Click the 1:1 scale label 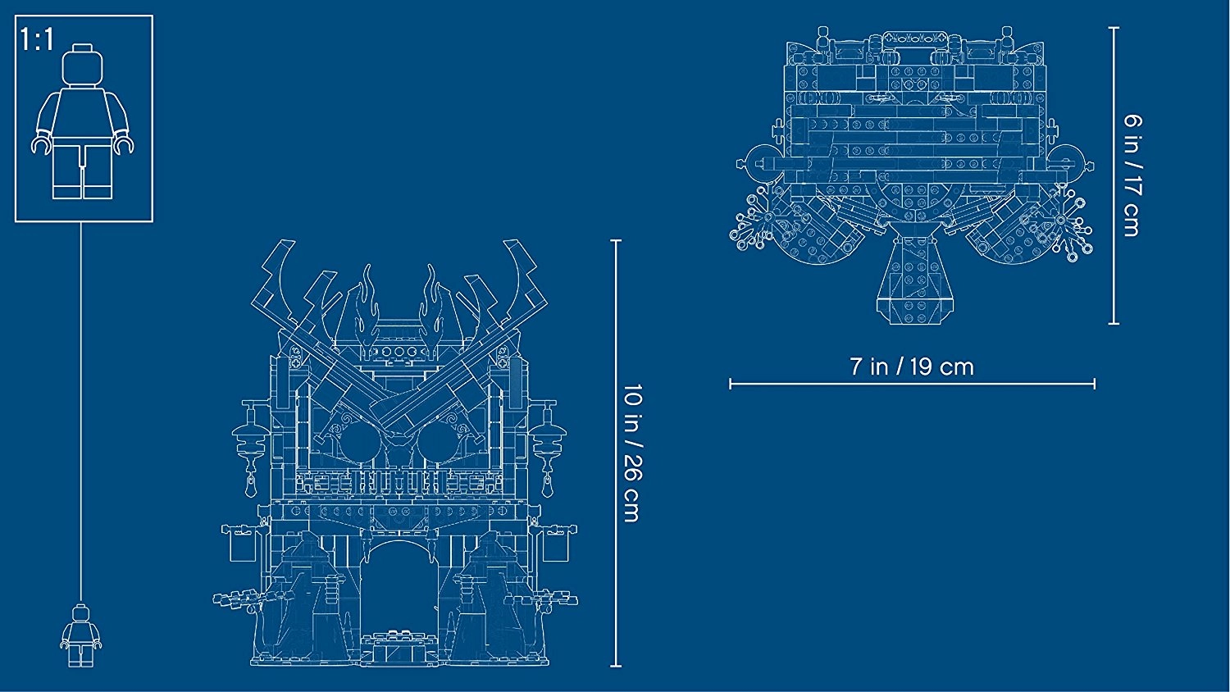click(38, 40)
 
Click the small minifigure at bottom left click(80, 635)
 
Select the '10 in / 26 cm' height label click(631, 453)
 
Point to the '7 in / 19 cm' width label click(912, 366)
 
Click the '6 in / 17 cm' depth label click(1132, 175)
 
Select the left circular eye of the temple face click(360, 442)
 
